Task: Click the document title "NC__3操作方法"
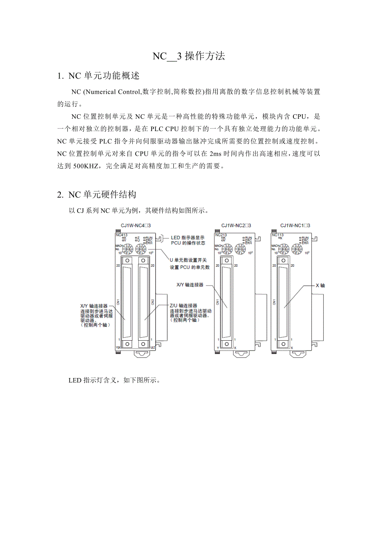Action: click(x=189, y=56)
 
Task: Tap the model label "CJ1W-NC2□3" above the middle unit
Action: click(x=236, y=226)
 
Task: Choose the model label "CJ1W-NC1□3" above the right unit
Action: click(x=295, y=226)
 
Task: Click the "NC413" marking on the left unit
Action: click(x=122, y=235)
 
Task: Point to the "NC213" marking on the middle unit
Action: click(x=221, y=235)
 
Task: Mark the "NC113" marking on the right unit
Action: click(x=278, y=235)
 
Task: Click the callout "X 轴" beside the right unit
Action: click(x=320, y=285)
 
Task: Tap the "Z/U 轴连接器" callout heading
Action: click(x=183, y=306)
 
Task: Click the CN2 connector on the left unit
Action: click(x=143, y=302)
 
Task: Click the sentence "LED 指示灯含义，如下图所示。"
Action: click(x=114, y=380)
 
